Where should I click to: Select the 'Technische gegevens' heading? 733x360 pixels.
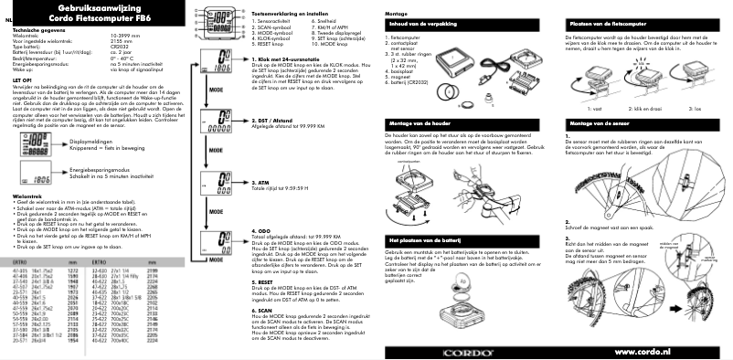click(x=37, y=30)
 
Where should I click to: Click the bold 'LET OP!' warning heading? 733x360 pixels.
click(x=23, y=80)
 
